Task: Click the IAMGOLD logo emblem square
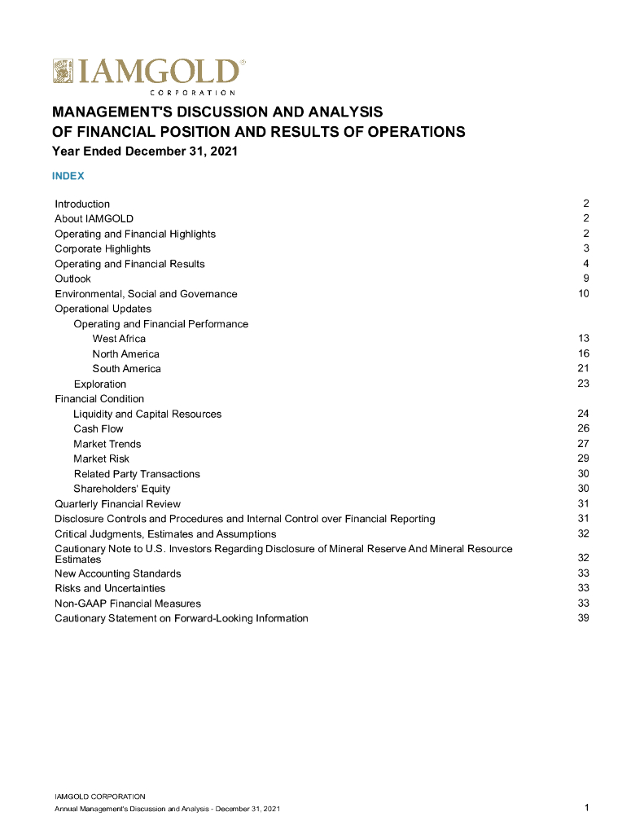pos(63,72)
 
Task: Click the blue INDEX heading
pos(68,176)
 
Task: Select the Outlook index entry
pos(72,279)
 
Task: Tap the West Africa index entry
pos(119,339)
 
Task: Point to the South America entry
pos(126,369)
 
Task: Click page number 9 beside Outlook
pos(585,279)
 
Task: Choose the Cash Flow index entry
pos(99,428)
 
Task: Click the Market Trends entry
pos(107,444)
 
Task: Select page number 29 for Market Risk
pos(582,459)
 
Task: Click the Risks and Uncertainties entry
pos(109,588)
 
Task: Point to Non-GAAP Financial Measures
pos(127,604)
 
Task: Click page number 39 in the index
pos(582,618)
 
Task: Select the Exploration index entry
pos(100,384)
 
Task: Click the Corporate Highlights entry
pos(103,248)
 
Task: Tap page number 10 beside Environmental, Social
pos(583,293)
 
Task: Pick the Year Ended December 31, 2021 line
pos(145,151)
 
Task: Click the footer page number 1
pos(586,807)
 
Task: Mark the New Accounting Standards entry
pos(117,573)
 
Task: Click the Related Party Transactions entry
pos(137,474)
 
